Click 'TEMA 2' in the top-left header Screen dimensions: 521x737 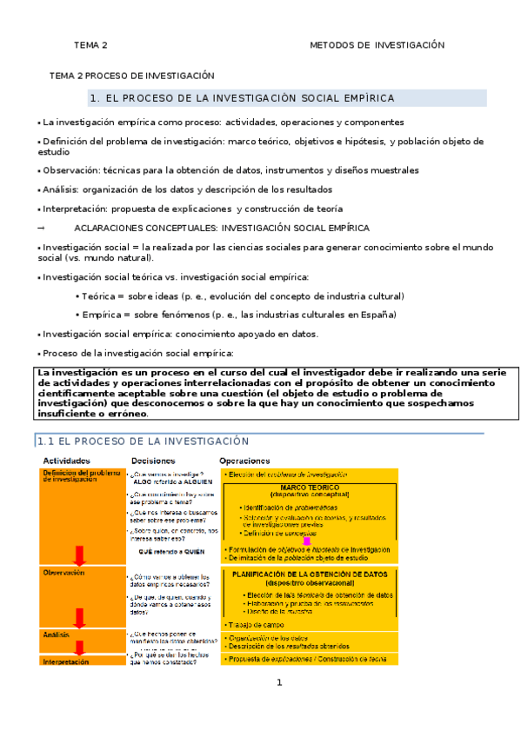pos(90,45)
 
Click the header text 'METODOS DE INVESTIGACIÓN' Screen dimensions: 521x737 pos(377,45)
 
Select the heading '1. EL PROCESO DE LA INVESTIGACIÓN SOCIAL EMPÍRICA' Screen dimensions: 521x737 pos(243,98)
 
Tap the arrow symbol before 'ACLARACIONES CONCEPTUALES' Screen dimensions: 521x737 pos(41,228)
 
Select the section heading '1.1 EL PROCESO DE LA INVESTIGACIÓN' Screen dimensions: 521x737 pos(142,442)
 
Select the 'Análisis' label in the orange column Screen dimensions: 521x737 pos(57,635)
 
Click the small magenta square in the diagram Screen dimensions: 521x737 pos(305,541)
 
